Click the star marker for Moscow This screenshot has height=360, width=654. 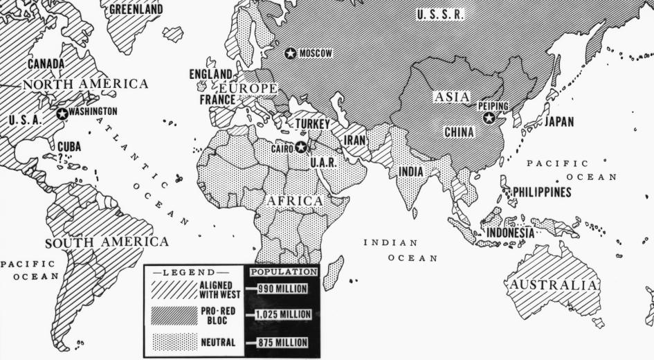coord(291,53)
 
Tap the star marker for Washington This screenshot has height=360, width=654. coord(62,113)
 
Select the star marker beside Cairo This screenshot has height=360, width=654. coord(301,147)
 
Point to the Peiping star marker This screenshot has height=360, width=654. coord(489,118)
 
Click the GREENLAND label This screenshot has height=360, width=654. coord(136,9)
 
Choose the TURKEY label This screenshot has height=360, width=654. coord(312,124)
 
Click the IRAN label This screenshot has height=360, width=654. coord(355,140)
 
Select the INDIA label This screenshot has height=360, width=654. coord(411,171)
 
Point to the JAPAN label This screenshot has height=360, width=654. coord(559,122)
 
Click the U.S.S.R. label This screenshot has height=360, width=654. coord(441,15)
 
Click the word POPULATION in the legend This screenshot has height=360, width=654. coord(283,272)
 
